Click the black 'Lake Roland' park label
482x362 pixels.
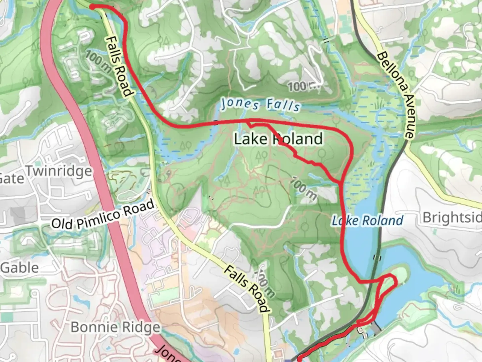pyautogui.click(x=278, y=139)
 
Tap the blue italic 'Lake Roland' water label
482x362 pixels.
pyautogui.click(x=367, y=221)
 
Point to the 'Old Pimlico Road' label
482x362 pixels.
pyautogui.click(x=104, y=215)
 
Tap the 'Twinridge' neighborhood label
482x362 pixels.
pyautogui.click(x=59, y=171)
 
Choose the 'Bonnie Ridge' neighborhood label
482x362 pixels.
pyautogui.click(x=115, y=327)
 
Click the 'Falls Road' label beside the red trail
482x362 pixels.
pyautogui.click(x=118, y=67)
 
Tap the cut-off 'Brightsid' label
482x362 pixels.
pyautogui.click(x=452, y=218)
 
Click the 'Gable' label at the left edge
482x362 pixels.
pyautogui.click(x=19, y=268)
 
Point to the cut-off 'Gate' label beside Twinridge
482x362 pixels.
pyautogui.click(x=12, y=178)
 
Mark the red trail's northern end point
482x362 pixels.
pyautogui.click(x=91, y=6)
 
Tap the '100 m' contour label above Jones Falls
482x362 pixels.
pyautogui.click(x=304, y=87)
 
